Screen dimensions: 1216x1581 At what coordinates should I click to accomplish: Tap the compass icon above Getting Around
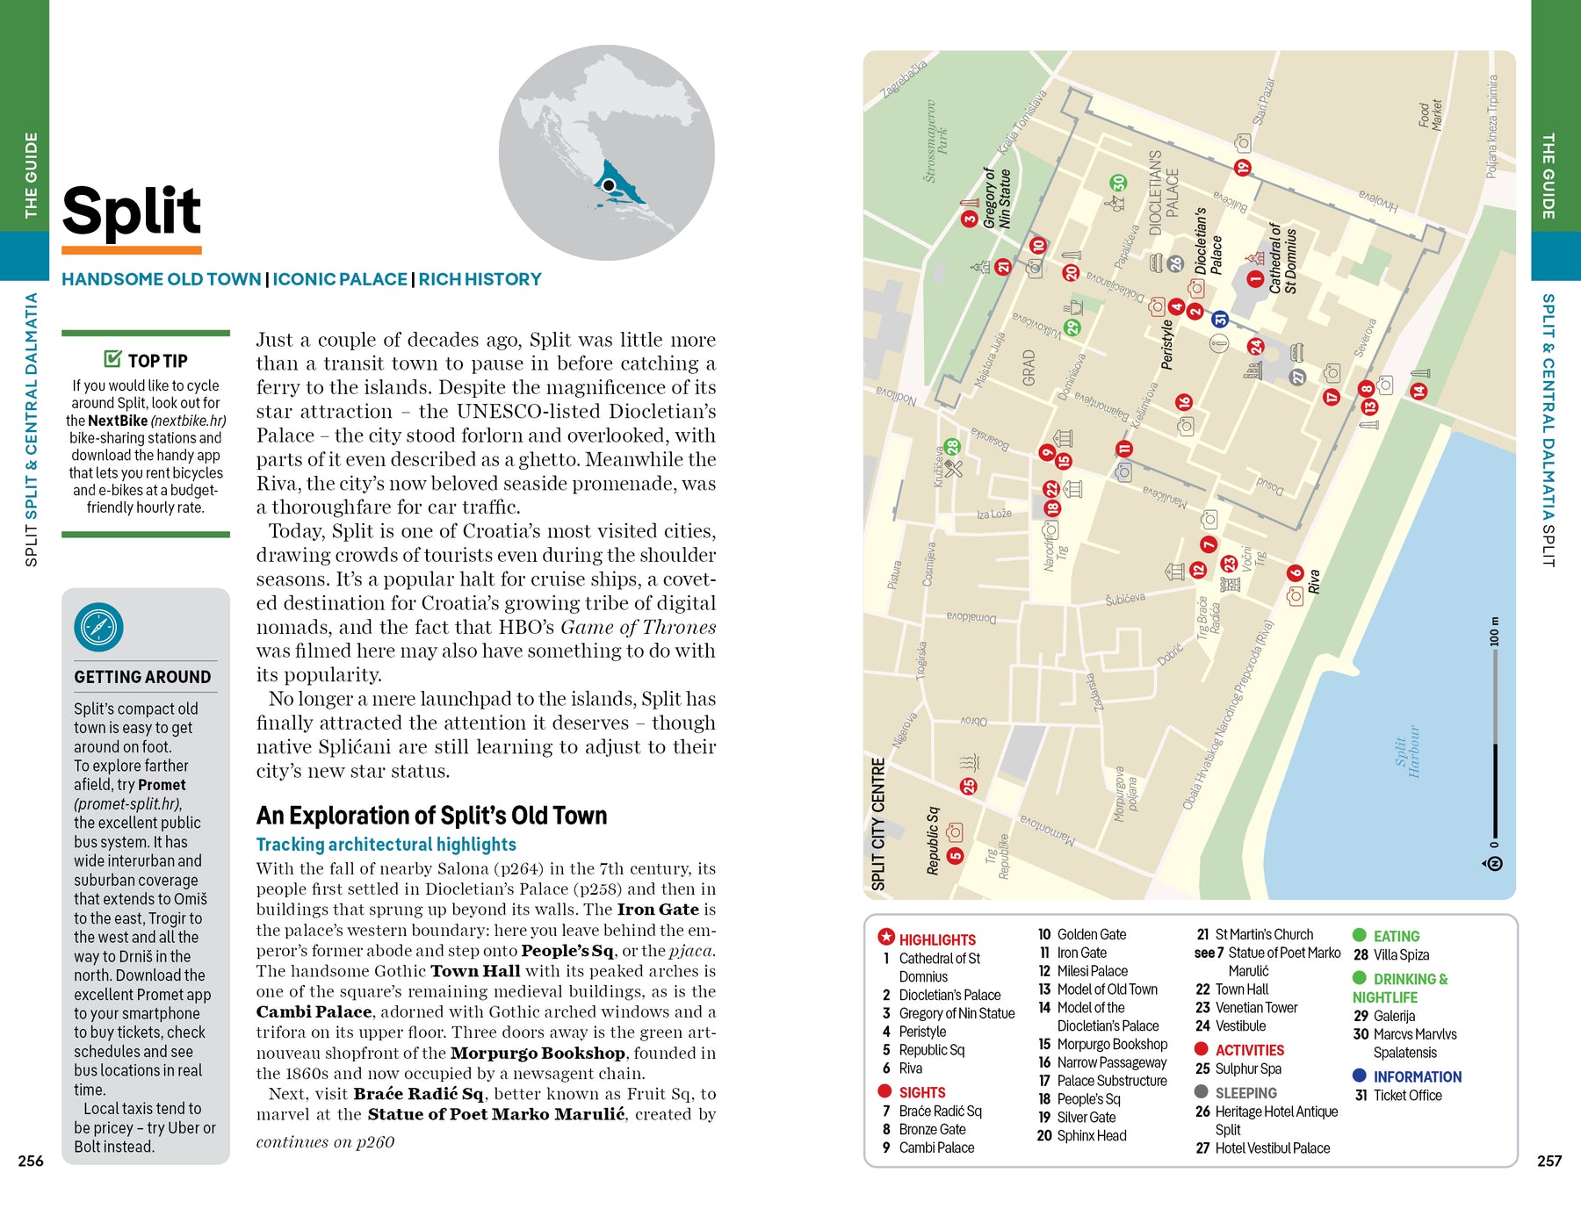pyautogui.click(x=98, y=628)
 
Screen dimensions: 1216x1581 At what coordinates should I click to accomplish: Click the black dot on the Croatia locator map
pyautogui.click(x=608, y=185)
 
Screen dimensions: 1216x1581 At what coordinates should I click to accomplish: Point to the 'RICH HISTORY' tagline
pyautogui.click(x=480, y=279)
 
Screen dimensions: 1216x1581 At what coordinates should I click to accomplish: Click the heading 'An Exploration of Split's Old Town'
pyautogui.click(x=431, y=816)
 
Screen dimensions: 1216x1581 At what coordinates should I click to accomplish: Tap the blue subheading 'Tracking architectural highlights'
pyautogui.click(x=386, y=845)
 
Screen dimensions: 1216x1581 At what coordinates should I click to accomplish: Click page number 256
pyautogui.click(x=31, y=1161)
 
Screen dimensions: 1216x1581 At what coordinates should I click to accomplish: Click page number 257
pyautogui.click(x=1549, y=1161)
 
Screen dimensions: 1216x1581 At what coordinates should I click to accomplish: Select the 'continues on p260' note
pyautogui.click(x=325, y=1141)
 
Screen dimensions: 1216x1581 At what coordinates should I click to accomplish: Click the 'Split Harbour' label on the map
pyautogui.click(x=1407, y=751)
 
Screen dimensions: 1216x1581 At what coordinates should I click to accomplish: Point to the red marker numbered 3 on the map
pyautogui.click(x=970, y=219)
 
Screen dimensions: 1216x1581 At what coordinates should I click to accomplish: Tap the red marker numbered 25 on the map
pyautogui.click(x=969, y=786)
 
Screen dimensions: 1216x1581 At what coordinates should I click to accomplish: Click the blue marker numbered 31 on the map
pyautogui.click(x=1219, y=320)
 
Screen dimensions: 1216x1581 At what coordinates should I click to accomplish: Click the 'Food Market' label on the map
pyautogui.click(x=1430, y=114)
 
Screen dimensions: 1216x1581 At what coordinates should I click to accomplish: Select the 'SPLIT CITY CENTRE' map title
pyautogui.click(x=877, y=824)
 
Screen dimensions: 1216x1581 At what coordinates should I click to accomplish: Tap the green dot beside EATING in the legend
pyautogui.click(x=1360, y=935)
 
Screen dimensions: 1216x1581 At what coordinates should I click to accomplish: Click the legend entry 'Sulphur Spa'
pyautogui.click(x=1247, y=1068)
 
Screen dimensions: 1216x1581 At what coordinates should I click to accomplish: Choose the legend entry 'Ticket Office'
pyautogui.click(x=1407, y=1095)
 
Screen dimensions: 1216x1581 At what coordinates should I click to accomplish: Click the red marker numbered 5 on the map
pyautogui.click(x=955, y=855)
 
